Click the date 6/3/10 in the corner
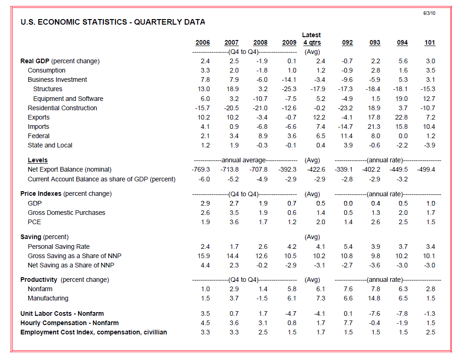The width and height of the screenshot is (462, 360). [429, 13]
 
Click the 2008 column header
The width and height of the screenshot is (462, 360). [260, 43]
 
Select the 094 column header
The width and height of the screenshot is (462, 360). [402, 43]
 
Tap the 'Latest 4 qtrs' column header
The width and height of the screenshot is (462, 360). [311, 39]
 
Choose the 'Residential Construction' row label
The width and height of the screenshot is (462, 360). [62, 108]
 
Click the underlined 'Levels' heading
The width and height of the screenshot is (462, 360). [38, 160]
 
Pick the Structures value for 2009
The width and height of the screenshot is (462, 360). [289, 89]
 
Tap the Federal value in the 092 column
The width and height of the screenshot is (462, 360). [347, 136]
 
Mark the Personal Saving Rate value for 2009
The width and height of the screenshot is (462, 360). [291, 247]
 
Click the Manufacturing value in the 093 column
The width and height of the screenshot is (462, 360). [375, 299]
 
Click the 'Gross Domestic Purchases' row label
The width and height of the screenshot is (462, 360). [66, 213]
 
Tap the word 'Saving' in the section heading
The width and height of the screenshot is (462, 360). [31, 237]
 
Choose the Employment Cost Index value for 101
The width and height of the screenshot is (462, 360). [430, 332]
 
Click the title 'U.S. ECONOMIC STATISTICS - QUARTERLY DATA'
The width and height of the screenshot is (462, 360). [113, 22]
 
